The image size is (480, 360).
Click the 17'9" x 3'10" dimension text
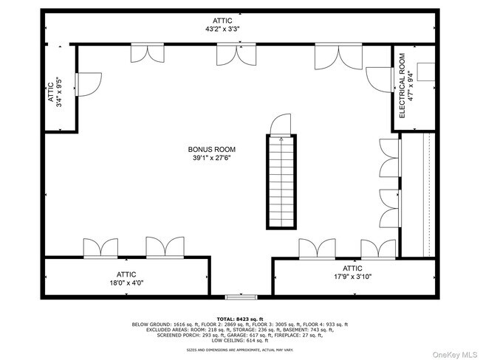click(x=352, y=277)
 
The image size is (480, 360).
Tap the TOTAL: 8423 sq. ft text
click(x=239, y=319)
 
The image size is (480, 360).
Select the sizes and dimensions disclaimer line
click(x=239, y=350)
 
